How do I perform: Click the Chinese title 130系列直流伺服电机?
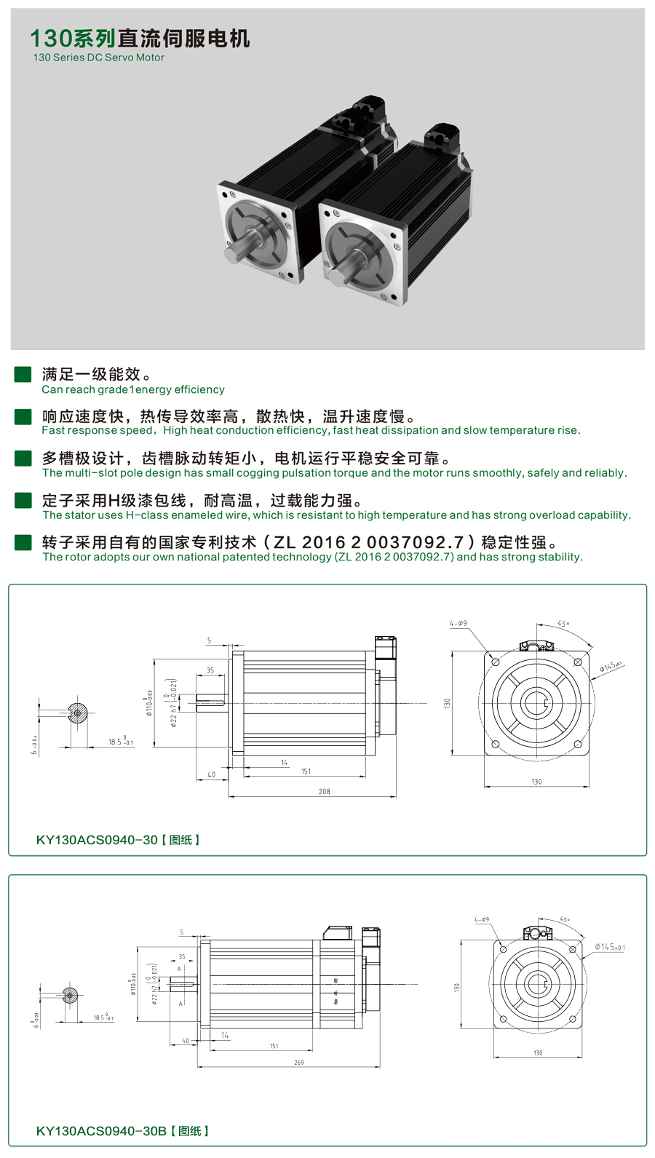coord(140,38)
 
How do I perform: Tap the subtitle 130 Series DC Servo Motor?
coord(98,57)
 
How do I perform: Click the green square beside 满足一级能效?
coord(23,374)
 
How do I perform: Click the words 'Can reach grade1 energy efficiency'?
coord(132,389)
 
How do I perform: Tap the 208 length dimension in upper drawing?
coord(324,791)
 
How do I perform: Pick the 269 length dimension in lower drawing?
coord(298,1063)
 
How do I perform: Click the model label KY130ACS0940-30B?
coord(101,1130)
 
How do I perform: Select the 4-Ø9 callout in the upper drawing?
coord(458,623)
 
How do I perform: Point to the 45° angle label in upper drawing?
coord(563,624)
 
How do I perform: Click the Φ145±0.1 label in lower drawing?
coord(609,947)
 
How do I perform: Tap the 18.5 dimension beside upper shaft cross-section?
coord(119,742)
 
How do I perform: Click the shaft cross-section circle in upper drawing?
coord(77,713)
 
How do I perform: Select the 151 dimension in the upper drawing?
coord(306,772)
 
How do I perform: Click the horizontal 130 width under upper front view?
coord(536,782)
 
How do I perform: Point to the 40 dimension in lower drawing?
coord(185,1041)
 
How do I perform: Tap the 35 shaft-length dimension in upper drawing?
coord(210,670)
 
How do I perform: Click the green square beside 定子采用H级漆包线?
coord(23,500)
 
